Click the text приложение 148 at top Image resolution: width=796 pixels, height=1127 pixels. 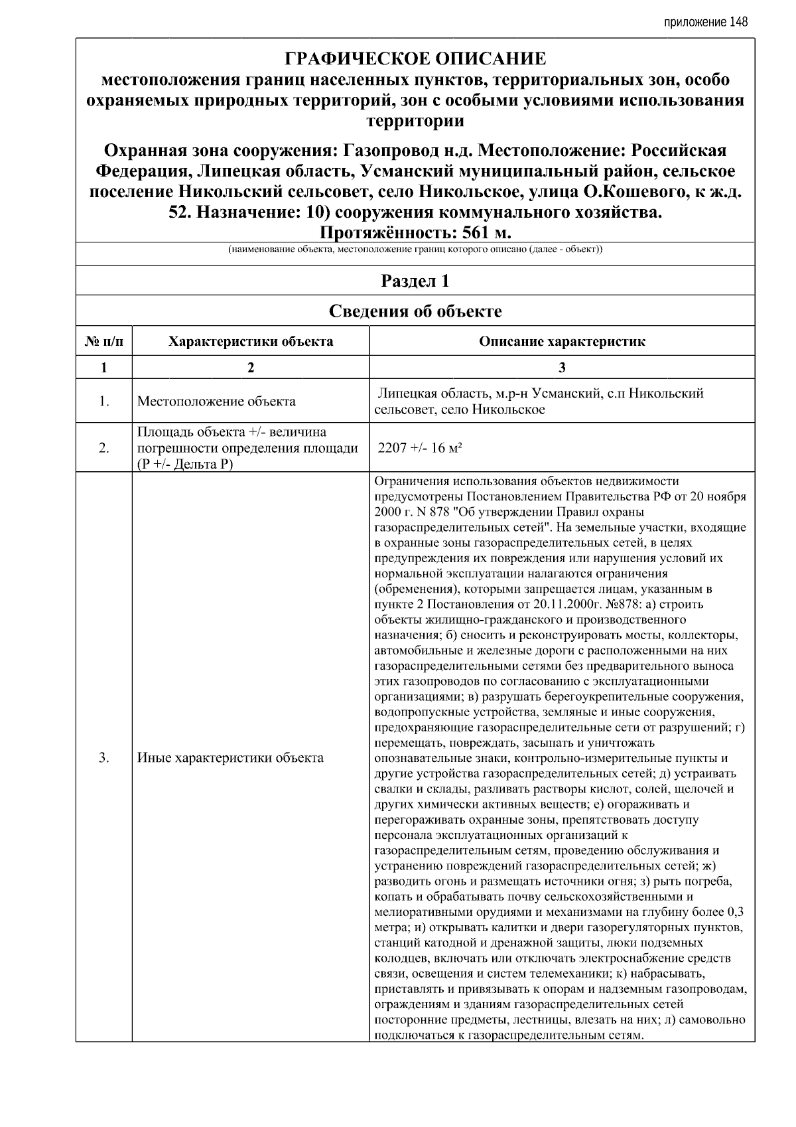[706, 22]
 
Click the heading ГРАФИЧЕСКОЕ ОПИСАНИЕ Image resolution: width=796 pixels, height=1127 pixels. [415, 59]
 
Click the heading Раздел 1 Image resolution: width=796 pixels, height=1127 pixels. [415, 281]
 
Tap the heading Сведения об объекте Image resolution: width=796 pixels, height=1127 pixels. [415, 311]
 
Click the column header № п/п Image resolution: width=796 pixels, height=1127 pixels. [104, 342]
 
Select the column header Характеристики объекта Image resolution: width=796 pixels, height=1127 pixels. [251, 342]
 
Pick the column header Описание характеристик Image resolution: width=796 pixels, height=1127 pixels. [562, 342]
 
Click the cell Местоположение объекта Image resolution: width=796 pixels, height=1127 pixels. [216, 402]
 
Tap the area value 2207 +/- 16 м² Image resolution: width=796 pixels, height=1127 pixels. [419, 448]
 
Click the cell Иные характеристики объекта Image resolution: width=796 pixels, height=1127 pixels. [230, 757]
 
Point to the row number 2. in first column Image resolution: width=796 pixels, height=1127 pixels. [104, 448]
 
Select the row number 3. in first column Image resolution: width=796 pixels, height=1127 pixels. [104, 757]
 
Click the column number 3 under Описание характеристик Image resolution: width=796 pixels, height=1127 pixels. [562, 368]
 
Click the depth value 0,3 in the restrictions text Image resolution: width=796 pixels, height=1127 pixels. [735, 911]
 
